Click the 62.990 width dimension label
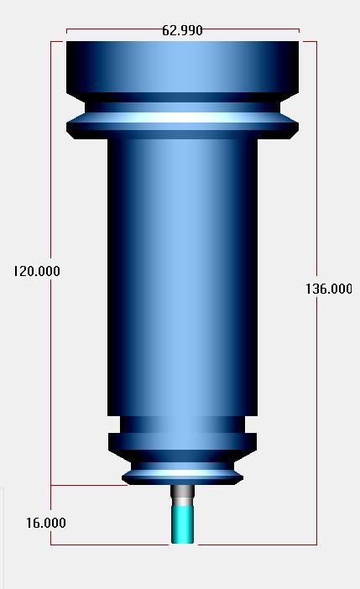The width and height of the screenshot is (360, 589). pos(182,30)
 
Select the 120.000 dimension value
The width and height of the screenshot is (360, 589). pos(36,271)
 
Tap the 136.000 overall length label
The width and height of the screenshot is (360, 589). pos(329,289)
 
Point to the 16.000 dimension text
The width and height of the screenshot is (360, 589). pos(46,523)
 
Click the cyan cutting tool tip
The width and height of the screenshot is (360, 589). pos(183,524)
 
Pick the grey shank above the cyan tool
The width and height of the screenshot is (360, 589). pos(183,496)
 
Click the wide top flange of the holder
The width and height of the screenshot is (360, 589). pos(183,67)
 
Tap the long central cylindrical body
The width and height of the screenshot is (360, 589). pos(183,277)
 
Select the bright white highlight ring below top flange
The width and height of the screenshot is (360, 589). pos(183,117)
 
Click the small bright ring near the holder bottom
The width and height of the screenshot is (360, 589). pos(183,473)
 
